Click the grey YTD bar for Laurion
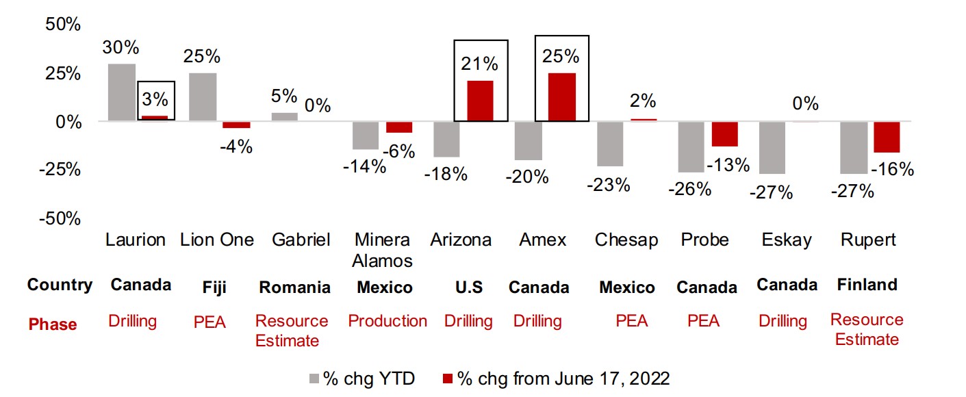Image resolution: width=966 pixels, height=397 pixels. coord(122,92)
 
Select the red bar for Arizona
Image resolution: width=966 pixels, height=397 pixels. coord(480,101)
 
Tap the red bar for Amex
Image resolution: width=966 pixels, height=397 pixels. coord(561,97)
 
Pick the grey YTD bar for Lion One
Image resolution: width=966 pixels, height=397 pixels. coord(203,97)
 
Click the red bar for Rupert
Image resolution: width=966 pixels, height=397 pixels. coord(887,137)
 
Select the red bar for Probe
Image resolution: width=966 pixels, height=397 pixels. coord(724,134)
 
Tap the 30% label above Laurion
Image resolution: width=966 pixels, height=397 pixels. coord(121,48)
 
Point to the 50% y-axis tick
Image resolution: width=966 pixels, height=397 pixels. coord(63,25)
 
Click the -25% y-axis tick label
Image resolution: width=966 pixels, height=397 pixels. coord(60,170)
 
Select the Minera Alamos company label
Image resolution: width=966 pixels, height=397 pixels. coord(382,250)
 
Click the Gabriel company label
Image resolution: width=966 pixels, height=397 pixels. coord(301,240)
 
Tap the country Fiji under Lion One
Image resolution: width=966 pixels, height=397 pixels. coord(210,287)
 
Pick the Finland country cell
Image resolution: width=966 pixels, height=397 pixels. coord(867,285)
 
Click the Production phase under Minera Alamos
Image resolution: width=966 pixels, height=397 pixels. coord(387,321)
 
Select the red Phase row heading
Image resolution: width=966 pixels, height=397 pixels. coord(53,324)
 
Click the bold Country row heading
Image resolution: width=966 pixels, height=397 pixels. coord(60,285)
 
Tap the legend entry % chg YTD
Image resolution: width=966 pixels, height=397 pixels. coord(362,378)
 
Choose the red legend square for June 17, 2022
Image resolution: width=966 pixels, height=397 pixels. coord(448,378)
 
